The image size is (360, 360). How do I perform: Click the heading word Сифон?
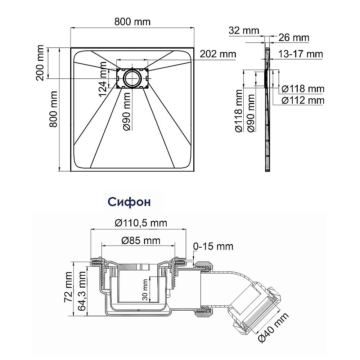pyautogui.click(x=129, y=202)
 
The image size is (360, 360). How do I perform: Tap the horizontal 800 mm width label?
pyautogui.click(x=132, y=22)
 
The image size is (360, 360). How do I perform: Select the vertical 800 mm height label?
pyautogui.click(x=53, y=109)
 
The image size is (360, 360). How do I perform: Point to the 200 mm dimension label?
pyautogui.click(x=40, y=63)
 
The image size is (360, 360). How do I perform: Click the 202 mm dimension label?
pyautogui.click(x=218, y=54)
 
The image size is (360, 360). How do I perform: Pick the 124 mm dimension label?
pyautogui.click(x=103, y=79)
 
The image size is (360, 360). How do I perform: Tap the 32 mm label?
pyautogui.click(x=244, y=31)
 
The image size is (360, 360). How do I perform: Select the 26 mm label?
pyautogui.click(x=294, y=38)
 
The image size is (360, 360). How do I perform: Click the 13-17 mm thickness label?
pyautogui.click(x=301, y=54)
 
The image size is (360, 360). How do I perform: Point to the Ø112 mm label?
pyautogui.click(x=303, y=100)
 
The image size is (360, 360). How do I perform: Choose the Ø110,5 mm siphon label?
pyautogui.click(x=141, y=223)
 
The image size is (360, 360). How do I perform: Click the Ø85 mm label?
pyautogui.click(x=141, y=240)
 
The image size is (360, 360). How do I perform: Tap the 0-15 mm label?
pyautogui.click(x=213, y=246)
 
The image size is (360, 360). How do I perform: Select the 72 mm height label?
pyautogui.click(x=68, y=287)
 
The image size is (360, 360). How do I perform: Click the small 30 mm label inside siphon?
pyautogui.click(x=145, y=290)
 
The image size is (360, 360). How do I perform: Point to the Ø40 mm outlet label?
pyautogui.click(x=273, y=327)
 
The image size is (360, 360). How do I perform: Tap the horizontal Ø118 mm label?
pyautogui.click(x=303, y=89)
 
